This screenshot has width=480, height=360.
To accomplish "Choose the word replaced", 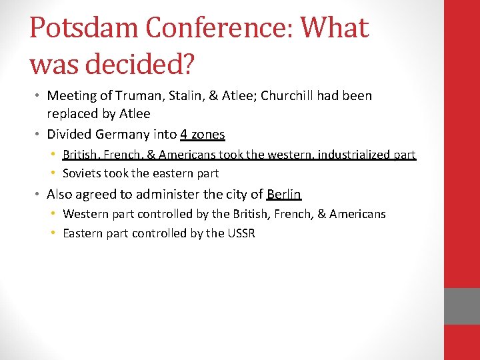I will click(x=73, y=113).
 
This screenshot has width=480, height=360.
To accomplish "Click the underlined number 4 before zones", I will click(x=183, y=134).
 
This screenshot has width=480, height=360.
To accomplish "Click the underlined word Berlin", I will click(x=284, y=194).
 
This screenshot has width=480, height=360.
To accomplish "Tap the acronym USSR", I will click(x=241, y=233).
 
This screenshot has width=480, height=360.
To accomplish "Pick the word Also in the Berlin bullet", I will click(x=59, y=194).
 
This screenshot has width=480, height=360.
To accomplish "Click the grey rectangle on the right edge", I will click(x=462, y=306).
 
